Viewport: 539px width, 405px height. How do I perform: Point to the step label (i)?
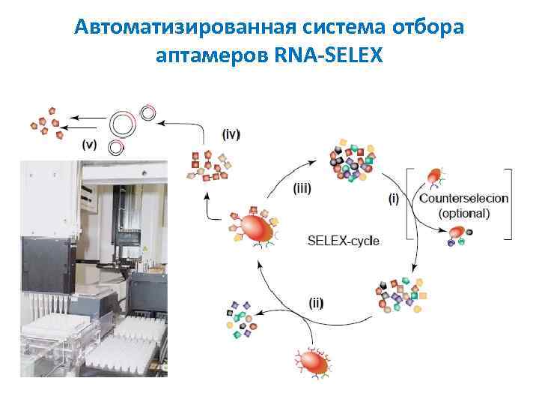pos(395,199)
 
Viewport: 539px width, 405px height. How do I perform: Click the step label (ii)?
pos(317,302)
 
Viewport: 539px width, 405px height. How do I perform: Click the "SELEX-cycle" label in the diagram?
pos(344,241)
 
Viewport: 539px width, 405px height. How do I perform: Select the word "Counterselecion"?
pos(463,199)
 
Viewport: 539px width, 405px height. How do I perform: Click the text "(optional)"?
pos(464,213)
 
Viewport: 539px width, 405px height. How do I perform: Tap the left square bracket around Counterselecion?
pos(408,203)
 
